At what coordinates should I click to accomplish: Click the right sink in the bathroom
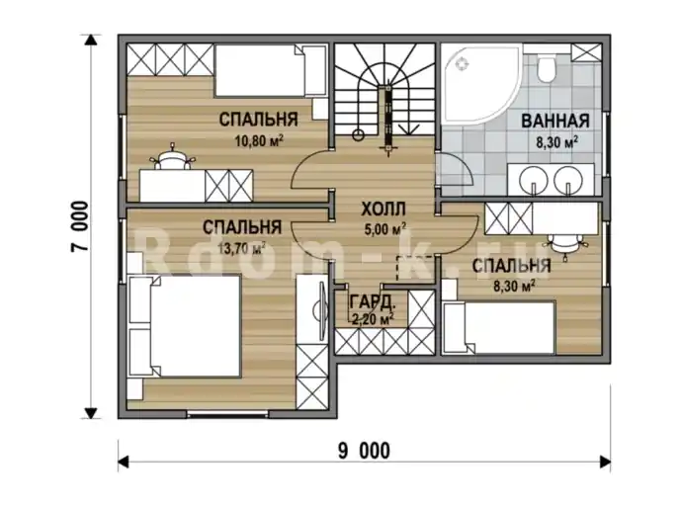pos(567,179)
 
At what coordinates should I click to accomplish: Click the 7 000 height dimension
pos(80,226)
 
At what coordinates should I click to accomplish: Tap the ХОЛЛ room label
pos(384,210)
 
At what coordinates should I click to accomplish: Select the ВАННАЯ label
pos(555,121)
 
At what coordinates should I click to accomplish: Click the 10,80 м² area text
pos(259,140)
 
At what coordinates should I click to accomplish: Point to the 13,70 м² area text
pos(242,248)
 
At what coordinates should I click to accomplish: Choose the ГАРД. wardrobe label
pos(372,300)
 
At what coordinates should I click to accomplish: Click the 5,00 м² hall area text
pos(385,228)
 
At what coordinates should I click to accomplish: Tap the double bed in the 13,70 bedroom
pos(184,326)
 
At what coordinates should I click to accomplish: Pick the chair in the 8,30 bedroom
pos(564,246)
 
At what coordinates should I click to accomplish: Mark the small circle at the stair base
pos(359,134)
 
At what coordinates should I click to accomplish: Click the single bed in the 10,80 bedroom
pos(271,70)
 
